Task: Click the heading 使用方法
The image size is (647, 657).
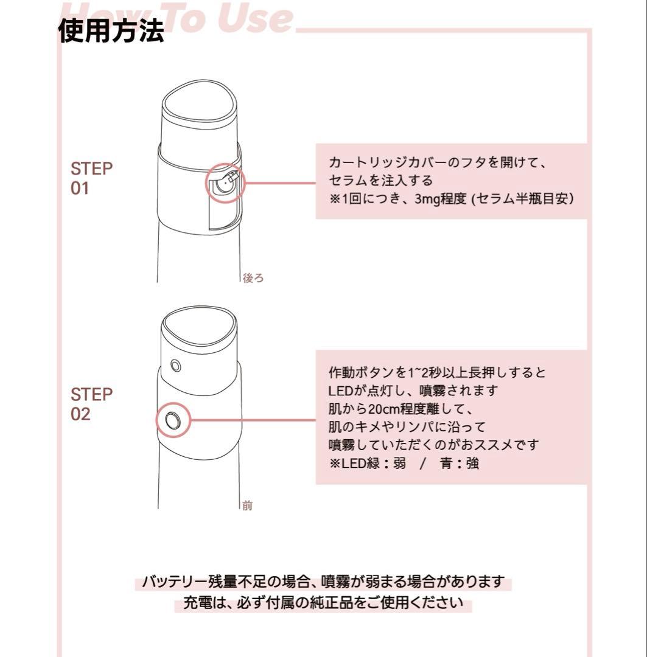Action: (111, 30)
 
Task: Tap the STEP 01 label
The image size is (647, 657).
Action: (91, 178)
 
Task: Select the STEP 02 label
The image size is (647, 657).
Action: (91, 404)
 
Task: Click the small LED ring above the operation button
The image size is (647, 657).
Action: (176, 366)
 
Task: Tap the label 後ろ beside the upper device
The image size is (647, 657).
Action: (253, 278)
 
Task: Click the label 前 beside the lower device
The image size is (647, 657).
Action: (248, 506)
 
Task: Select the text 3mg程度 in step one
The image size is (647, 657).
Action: (441, 198)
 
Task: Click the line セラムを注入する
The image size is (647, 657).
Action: (381, 181)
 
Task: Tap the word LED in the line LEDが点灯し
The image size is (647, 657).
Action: (340, 391)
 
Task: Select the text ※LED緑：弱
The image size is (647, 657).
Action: (368, 464)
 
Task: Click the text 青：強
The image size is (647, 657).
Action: (460, 464)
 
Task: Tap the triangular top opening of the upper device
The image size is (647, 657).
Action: (200, 103)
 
